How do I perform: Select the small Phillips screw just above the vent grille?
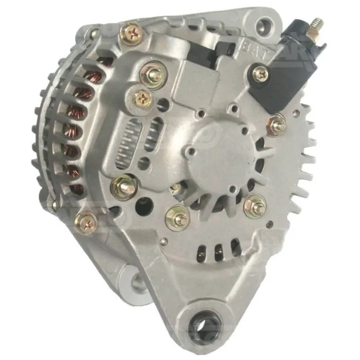tap(142, 96)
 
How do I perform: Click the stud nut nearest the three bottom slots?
tap(178, 216)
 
